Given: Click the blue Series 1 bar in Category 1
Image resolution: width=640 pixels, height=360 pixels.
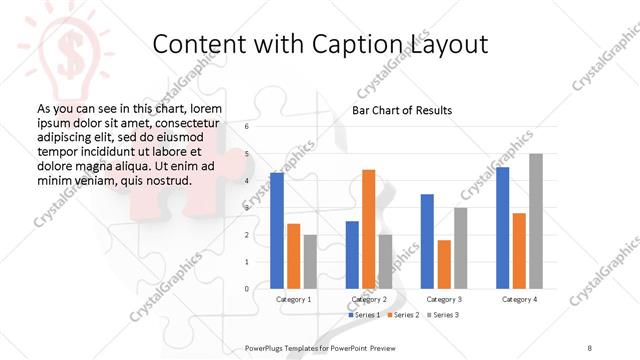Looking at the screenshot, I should [277, 231].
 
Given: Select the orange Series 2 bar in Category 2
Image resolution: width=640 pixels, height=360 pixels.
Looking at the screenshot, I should [368, 229].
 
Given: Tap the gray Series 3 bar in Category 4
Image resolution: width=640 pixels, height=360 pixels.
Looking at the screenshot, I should [535, 221].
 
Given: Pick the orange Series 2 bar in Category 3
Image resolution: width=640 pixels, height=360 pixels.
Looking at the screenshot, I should [443, 264].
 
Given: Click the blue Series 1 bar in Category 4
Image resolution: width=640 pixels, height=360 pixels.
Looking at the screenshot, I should [502, 228].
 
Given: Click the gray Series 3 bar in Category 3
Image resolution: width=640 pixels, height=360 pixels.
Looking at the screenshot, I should [460, 248].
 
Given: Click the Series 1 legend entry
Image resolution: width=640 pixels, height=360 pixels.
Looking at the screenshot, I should [364, 315].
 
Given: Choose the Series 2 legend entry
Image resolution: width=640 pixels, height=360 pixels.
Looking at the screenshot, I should [402, 315].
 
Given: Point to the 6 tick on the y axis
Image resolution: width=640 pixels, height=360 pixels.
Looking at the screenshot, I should [246, 127].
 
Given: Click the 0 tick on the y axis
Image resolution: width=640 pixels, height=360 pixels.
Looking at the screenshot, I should [246, 289].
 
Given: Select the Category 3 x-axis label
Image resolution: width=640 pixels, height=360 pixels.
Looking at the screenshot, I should [443, 299].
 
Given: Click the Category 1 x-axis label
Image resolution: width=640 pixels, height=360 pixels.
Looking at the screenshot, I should [293, 299].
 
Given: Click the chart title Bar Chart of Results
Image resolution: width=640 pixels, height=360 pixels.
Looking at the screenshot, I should [402, 110].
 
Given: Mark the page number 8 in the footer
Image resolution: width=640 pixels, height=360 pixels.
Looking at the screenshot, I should [590, 347].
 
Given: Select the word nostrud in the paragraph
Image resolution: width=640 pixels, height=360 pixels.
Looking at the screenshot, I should [161, 180].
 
